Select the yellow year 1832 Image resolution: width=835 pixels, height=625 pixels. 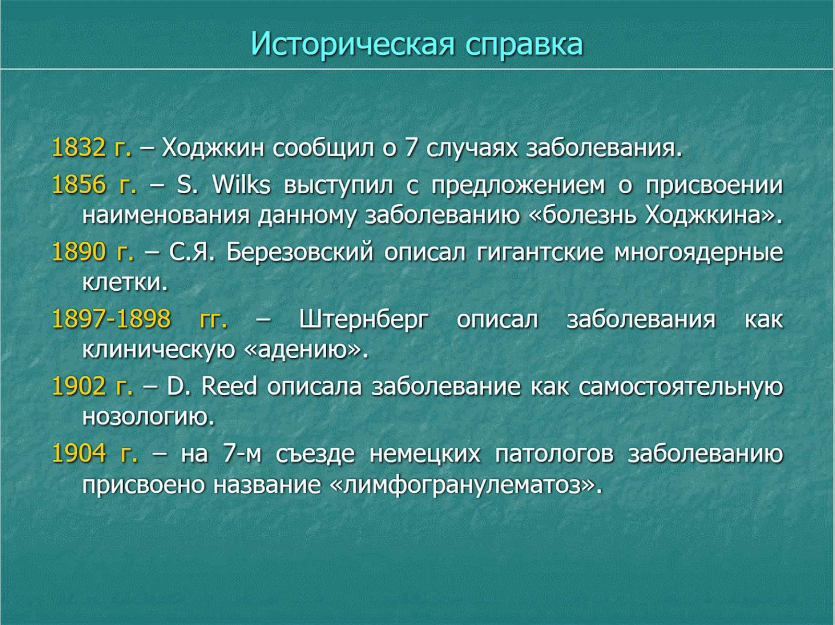click(79, 148)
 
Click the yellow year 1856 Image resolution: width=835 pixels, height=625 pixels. click(79, 185)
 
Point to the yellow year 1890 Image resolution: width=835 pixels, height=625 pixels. click(79, 252)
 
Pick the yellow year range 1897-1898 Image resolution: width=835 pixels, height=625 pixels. click(112, 319)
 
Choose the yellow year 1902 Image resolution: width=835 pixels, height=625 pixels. click(79, 386)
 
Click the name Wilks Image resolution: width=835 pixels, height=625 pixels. click(241, 185)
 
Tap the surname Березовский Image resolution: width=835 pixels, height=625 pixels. click(300, 252)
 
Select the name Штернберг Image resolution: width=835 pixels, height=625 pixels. click(364, 320)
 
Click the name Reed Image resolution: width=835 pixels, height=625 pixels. click(229, 386)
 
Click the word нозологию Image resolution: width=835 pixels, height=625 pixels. click(149, 418)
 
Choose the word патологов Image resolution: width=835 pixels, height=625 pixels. click(554, 454)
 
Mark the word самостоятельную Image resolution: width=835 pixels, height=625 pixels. click(681, 387)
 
